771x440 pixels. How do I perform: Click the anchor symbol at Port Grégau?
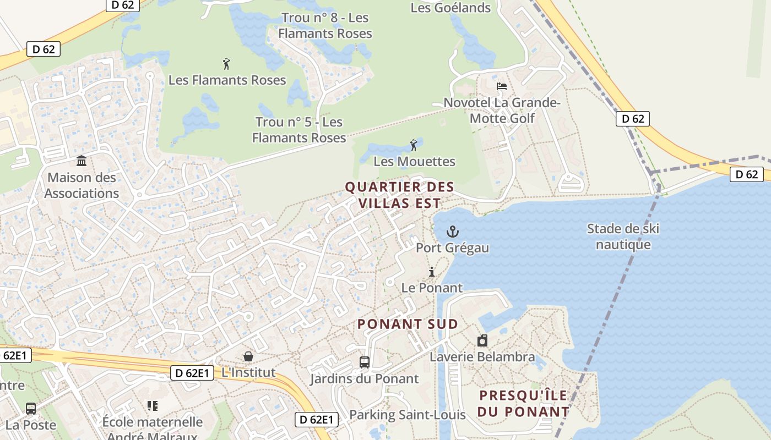click(x=453, y=232)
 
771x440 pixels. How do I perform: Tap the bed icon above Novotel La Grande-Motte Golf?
click(x=502, y=86)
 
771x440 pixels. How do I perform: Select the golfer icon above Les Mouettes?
click(x=414, y=145)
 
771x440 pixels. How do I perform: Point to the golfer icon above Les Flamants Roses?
click(x=226, y=64)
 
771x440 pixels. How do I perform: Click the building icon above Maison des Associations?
click(x=82, y=161)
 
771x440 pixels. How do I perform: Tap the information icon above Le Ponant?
click(x=432, y=272)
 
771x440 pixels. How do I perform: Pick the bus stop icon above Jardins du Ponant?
click(x=364, y=362)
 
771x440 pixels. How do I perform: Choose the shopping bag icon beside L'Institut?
click(x=248, y=356)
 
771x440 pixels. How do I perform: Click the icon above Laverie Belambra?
click(x=482, y=340)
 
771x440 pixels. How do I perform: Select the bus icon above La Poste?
click(x=31, y=409)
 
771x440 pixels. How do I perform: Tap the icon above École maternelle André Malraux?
click(x=153, y=406)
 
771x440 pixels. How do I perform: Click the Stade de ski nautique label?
click(x=623, y=237)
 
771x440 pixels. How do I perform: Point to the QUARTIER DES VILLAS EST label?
click(x=400, y=195)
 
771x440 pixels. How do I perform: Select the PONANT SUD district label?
click(x=408, y=324)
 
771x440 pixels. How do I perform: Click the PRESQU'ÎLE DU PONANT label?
click(x=524, y=404)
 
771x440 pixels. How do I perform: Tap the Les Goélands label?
click(x=450, y=8)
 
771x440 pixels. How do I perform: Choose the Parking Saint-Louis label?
click(x=408, y=415)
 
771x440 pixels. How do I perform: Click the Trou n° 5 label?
click(x=299, y=130)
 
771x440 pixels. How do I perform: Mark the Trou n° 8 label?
click(x=325, y=25)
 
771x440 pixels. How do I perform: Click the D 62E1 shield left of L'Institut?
click(x=192, y=373)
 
